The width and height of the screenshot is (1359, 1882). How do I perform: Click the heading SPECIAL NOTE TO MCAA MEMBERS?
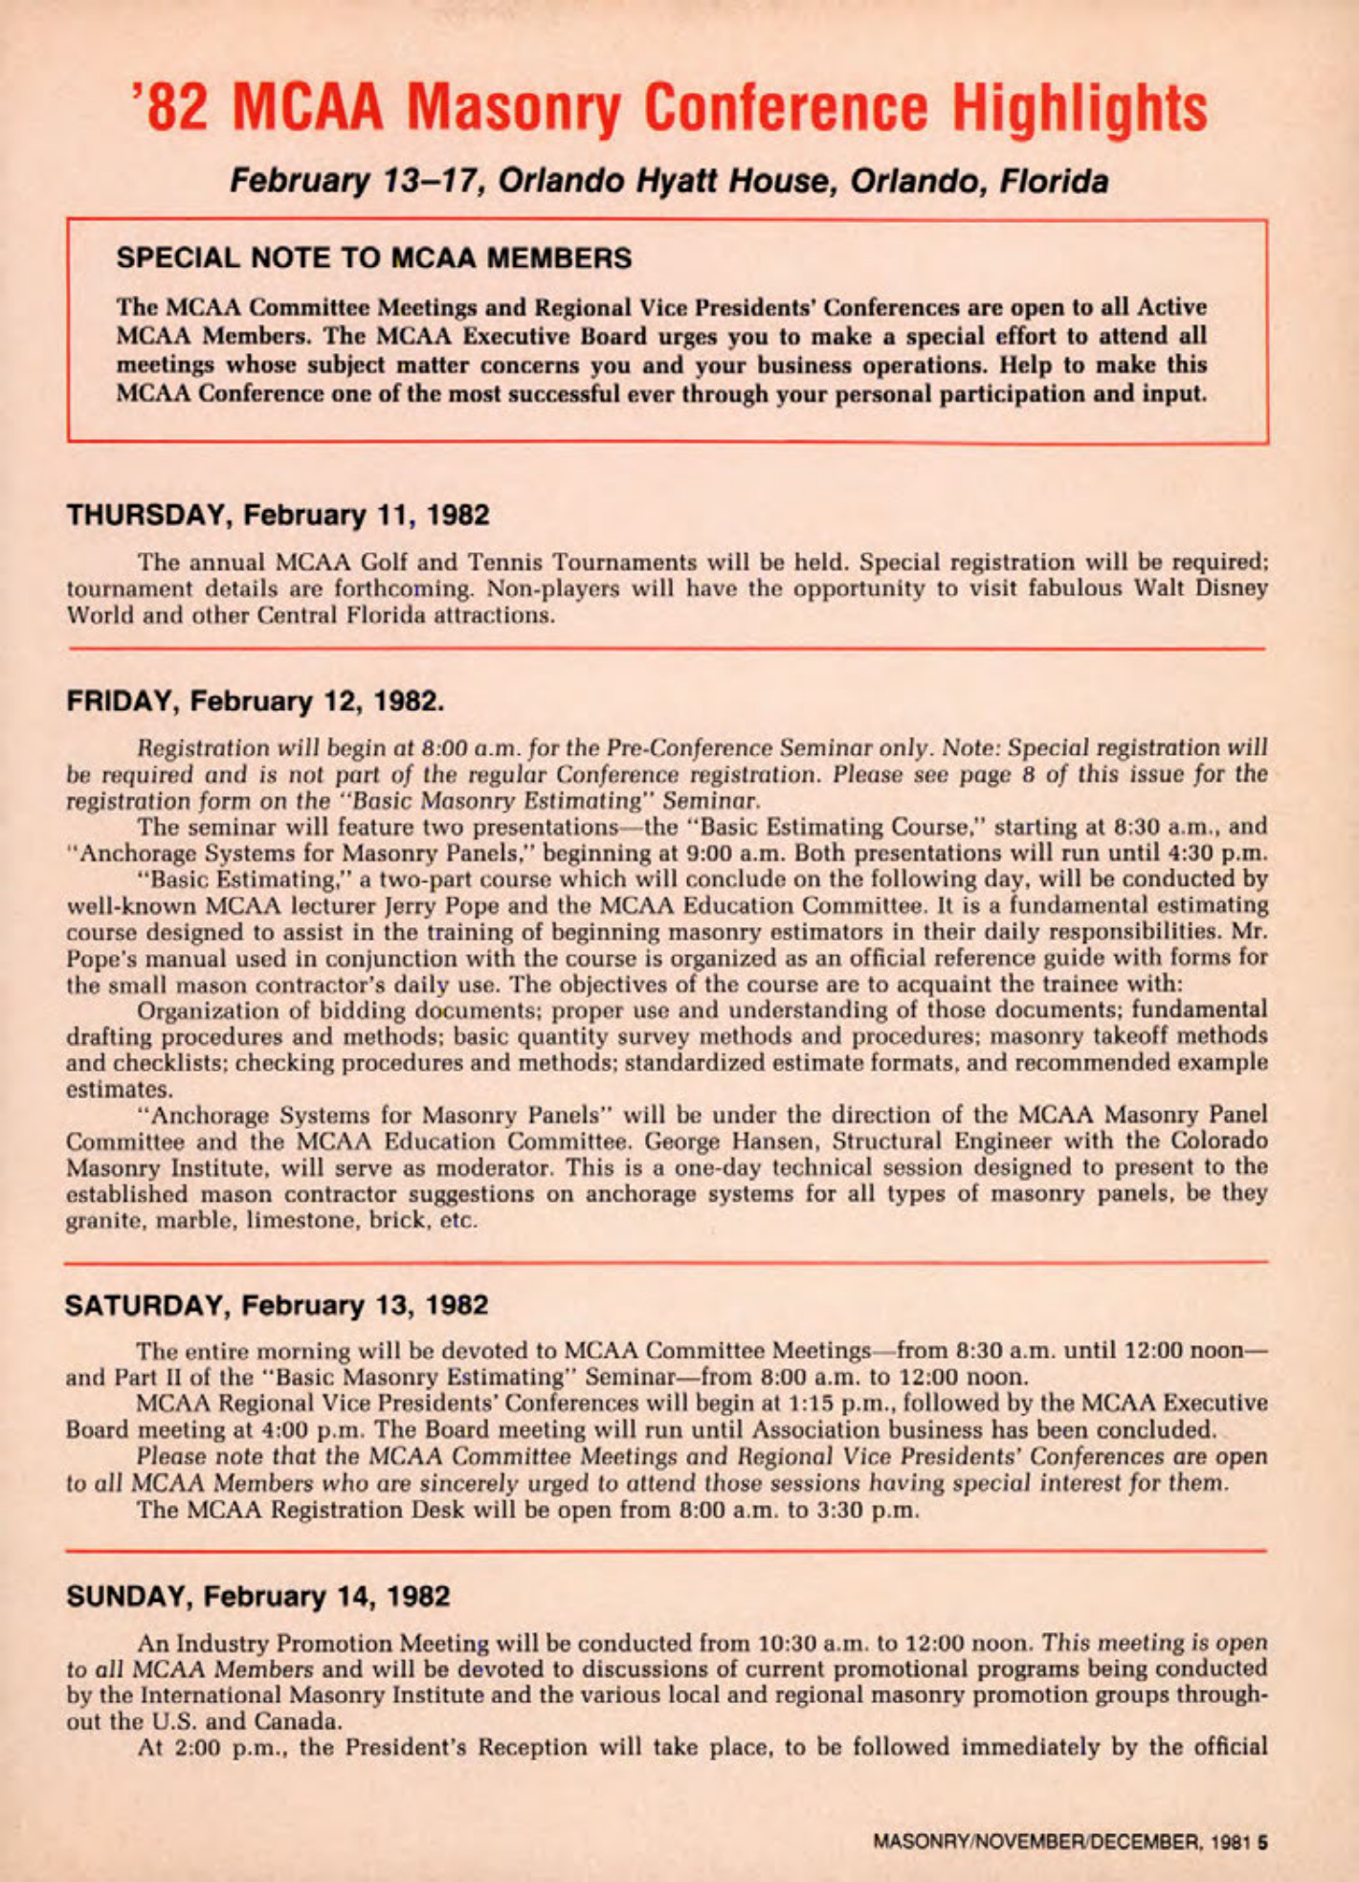[373, 258]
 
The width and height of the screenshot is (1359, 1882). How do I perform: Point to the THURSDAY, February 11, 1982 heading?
[278, 516]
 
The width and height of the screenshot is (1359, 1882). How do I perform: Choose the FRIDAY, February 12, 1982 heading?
[255, 701]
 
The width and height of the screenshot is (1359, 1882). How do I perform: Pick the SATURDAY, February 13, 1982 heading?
[277, 1305]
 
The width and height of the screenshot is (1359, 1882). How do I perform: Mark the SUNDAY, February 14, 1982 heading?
[257, 1597]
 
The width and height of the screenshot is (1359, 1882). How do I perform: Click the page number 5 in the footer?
[1263, 1840]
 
